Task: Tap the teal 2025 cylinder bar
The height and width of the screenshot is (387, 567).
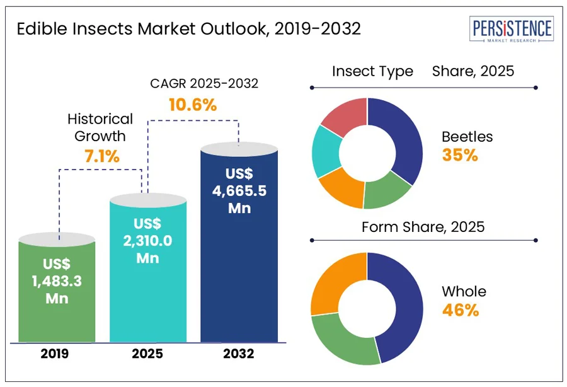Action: [149, 271]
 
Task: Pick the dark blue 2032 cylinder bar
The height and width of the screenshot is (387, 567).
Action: [239, 246]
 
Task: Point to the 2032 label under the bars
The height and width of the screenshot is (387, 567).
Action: [238, 354]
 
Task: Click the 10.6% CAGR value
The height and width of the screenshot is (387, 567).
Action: [193, 105]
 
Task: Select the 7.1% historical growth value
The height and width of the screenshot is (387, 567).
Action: [101, 156]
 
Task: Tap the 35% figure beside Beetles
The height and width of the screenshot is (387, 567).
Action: [459, 155]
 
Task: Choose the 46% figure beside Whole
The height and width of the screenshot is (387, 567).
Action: [460, 310]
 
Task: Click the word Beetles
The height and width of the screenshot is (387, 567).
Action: [467, 136]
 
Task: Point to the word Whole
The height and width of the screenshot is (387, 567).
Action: [464, 291]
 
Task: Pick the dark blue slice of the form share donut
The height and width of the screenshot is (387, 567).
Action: [397, 303]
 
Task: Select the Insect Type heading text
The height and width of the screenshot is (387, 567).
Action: [372, 71]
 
